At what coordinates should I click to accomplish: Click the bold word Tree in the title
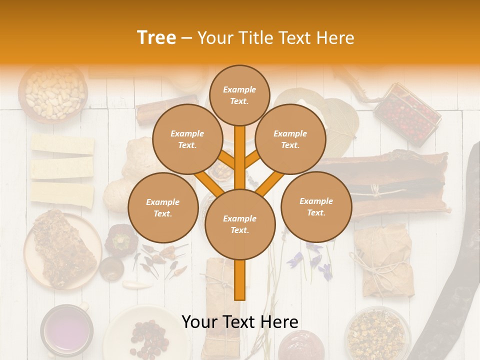(156, 38)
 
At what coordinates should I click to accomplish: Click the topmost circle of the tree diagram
(239, 95)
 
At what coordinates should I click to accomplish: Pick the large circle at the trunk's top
(240, 224)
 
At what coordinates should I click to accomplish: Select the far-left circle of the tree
(163, 208)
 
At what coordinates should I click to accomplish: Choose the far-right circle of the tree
(316, 207)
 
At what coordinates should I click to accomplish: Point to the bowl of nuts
(54, 93)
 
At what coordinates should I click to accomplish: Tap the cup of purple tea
(66, 330)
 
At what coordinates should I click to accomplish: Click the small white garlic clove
(137, 285)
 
